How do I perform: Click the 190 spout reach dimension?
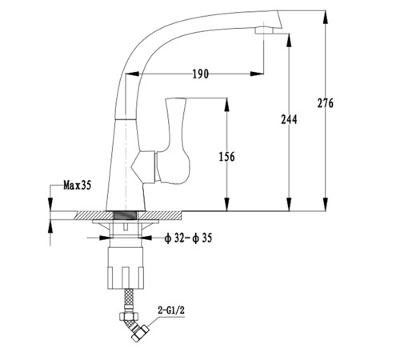pyautogui.click(x=201, y=74)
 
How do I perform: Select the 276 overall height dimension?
pyautogui.click(x=326, y=103)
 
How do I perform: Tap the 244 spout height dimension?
pyautogui.click(x=289, y=119)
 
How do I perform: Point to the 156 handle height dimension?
pyautogui.click(x=227, y=157)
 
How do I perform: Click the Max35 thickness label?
pyautogui.click(x=78, y=185)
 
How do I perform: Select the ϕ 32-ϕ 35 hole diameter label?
pyautogui.click(x=189, y=238)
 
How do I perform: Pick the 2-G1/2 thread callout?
pyautogui.click(x=171, y=310)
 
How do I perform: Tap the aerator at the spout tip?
pyautogui.click(x=264, y=30)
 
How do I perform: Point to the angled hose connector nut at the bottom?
pyautogui.click(x=140, y=334)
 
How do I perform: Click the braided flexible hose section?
pyautogui.click(x=128, y=298)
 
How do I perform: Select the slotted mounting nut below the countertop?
pyautogui.click(x=126, y=268)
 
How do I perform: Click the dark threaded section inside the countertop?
pyautogui.click(x=126, y=215)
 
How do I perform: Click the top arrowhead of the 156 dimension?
pyautogui.click(x=227, y=105)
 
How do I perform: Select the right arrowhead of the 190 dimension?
pyautogui.click(x=257, y=74)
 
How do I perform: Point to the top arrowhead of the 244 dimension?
pyautogui.click(x=289, y=40)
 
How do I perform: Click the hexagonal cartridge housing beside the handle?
pyautogui.click(x=143, y=167)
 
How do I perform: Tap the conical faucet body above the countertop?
pyautogui.click(x=126, y=165)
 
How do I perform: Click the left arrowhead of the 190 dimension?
pyautogui.click(x=132, y=74)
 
